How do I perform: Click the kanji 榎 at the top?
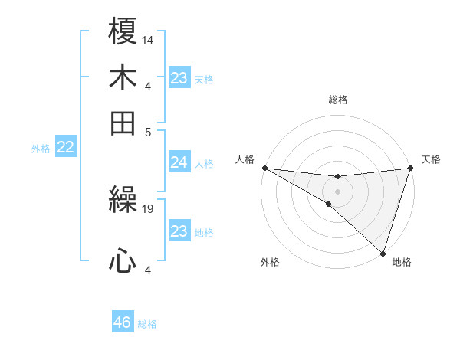pos(123,32)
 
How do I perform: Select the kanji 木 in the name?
pos(123,77)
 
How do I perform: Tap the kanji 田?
pos(123,123)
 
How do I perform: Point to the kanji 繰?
pos(123,201)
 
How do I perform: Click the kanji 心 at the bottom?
pos(123,262)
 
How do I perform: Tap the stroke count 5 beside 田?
pos(148,131)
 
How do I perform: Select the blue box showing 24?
pos(179,163)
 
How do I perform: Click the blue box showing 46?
pos(123,322)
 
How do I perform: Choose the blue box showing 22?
pos(65,148)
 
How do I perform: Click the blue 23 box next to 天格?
pos(179,78)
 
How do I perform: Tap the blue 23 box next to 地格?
pos(179,231)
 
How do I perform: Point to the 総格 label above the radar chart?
pos(337,100)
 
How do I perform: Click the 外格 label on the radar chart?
pos(270,262)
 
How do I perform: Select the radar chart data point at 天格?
pos(410,169)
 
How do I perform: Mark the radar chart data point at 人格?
pos(264,168)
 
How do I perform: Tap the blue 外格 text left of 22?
pos(40,149)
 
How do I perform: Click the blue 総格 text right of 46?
pos(147,323)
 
